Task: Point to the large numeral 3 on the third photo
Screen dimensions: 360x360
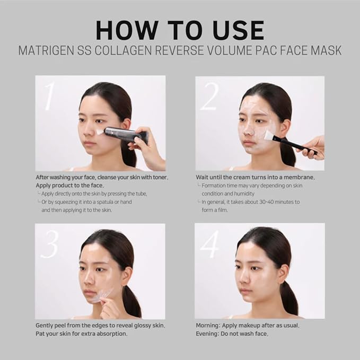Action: [49, 243]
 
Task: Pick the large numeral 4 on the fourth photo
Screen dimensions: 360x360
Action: [209, 243]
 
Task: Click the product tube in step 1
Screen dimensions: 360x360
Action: [125, 134]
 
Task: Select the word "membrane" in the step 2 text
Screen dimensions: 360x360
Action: [297, 177]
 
